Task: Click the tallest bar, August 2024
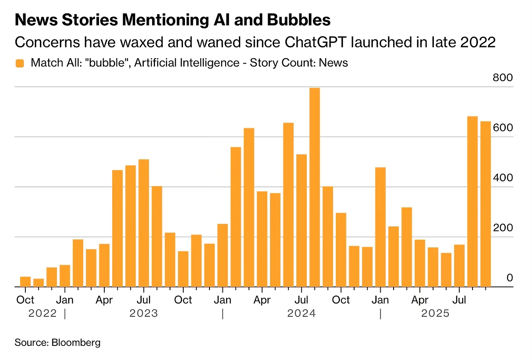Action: (x=315, y=187)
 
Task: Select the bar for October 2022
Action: (x=25, y=282)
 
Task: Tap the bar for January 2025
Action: (x=380, y=227)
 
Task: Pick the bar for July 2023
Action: (x=144, y=223)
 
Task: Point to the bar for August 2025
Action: (x=473, y=202)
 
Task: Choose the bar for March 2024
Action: (x=249, y=207)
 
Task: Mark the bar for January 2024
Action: (x=223, y=255)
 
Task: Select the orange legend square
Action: (x=20, y=63)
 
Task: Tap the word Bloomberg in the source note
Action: (x=76, y=343)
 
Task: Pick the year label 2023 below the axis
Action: (x=144, y=313)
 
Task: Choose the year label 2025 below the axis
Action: (x=436, y=313)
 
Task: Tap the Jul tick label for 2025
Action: (x=459, y=300)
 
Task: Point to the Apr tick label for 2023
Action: (x=104, y=300)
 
